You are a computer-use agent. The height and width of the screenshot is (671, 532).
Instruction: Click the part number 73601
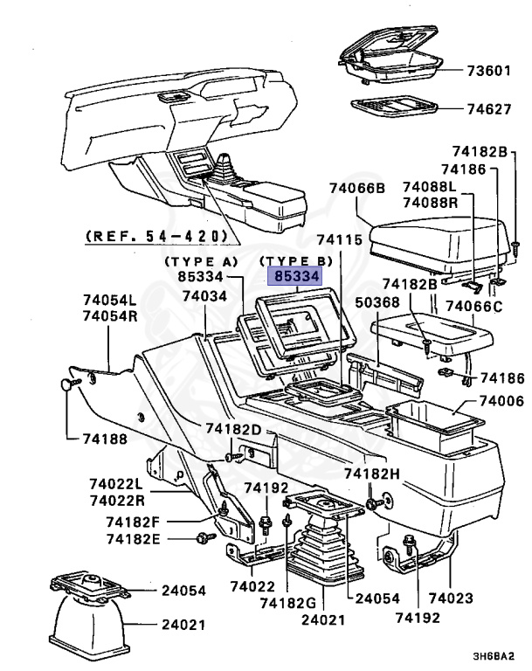pos(488,70)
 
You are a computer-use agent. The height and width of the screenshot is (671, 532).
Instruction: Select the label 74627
pos(488,111)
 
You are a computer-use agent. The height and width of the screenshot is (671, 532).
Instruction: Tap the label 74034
pos(204,297)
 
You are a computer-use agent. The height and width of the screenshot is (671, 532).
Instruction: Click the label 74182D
pos(233,429)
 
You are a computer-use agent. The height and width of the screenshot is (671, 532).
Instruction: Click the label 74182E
pos(134,538)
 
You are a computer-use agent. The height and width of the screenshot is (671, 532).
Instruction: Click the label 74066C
pos(473,306)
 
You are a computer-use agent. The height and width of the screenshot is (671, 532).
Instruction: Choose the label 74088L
pos(430,187)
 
